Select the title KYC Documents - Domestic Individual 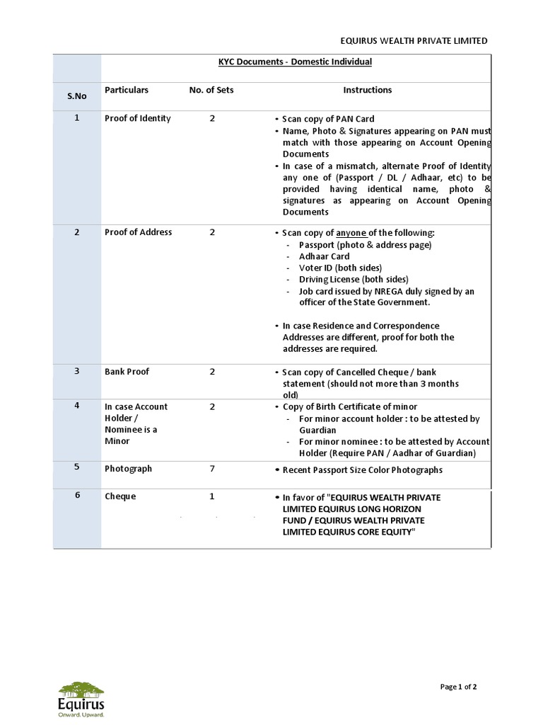(295, 62)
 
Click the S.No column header (77, 96)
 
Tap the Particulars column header (127, 90)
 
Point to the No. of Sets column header (211, 90)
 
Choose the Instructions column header (367, 90)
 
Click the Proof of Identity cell (138, 118)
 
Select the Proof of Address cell (138, 232)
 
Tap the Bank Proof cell (127, 372)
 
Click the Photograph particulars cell (129, 469)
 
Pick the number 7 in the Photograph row (212, 469)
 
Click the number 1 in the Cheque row (212, 496)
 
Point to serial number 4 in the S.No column (77, 406)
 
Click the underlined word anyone (351, 233)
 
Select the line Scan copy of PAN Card (328, 119)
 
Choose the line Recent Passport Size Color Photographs (362, 470)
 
